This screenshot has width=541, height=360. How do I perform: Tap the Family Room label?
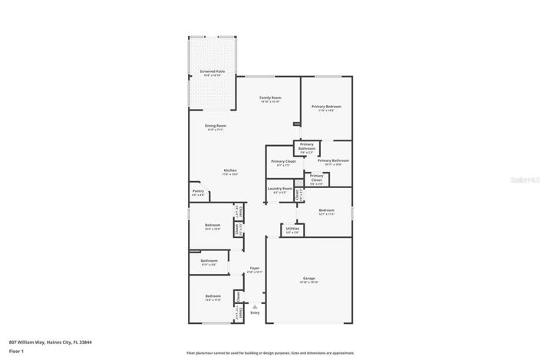point(270,98)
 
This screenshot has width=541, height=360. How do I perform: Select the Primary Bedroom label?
point(326,107)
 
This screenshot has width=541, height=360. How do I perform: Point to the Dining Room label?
point(215,126)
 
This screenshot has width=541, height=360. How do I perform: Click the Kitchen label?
point(230,170)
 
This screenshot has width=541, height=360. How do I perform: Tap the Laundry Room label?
point(279,189)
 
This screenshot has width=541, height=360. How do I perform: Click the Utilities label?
point(292,229)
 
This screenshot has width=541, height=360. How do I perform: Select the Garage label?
point(309,279)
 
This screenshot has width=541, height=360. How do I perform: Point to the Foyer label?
point(255,269)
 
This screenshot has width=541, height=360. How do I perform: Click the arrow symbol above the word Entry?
point(255,306)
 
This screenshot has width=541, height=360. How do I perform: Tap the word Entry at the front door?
point(255,312)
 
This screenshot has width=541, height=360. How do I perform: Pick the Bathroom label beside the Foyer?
point(209,261)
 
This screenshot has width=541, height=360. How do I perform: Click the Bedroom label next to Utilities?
point(327,210)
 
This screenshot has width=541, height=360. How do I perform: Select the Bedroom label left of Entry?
point(213,296)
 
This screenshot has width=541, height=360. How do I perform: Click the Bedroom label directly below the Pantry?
point(213,225)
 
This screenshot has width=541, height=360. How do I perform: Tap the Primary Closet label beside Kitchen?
point(283,161)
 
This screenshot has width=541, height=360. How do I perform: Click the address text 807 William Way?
point(38,342)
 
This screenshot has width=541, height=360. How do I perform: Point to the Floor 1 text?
point(15,352)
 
